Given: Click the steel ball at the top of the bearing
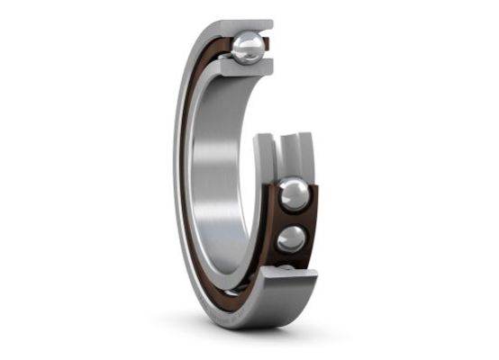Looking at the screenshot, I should pyautogui.click(x=248, y=48).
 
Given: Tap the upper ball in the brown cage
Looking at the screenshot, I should pyautogui.click(x=294, y=194).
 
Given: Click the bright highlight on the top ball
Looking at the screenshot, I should pyautogui.click(x=242, y=41).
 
